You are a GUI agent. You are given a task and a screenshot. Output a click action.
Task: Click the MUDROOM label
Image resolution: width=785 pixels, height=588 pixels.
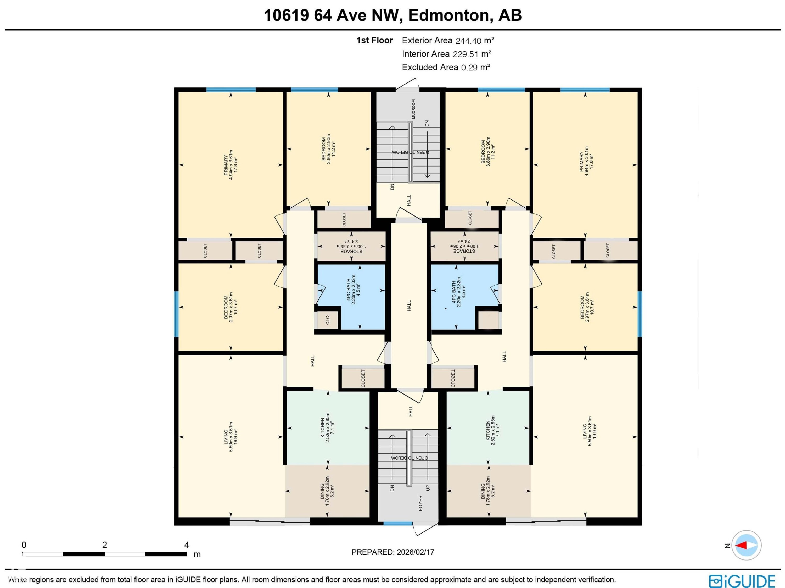(x=413, y=109)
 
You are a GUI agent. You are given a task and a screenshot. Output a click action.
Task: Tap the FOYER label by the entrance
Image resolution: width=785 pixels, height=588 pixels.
(x=420, y=503)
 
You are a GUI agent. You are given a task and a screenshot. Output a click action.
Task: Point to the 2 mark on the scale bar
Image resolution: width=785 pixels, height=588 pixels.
(x=104, y=545)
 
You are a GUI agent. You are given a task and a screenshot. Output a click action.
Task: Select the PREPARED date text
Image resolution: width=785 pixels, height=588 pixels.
(x=392, y=552)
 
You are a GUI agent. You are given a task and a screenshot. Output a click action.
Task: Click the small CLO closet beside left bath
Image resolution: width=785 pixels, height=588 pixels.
(x=327, y=320)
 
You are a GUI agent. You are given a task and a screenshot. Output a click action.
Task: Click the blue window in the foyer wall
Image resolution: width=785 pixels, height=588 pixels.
(x=398, y=523)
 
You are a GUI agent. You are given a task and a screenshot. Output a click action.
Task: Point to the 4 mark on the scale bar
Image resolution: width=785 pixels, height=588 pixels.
(x=187, y=545)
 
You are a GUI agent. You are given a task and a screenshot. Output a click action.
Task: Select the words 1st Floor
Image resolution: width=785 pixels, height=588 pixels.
(x=374, y=41)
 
